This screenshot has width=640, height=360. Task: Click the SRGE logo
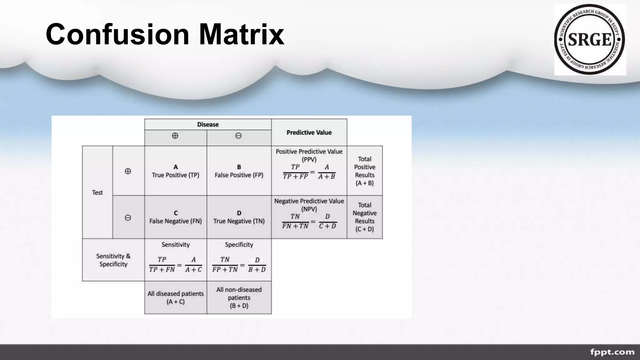point(590,40)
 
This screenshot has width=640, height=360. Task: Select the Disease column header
point(208,124)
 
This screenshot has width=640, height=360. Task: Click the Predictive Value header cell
point(309,132)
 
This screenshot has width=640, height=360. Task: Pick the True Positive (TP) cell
point(176,171)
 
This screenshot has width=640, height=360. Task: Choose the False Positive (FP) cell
point(239,171)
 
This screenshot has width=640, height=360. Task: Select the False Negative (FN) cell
point(176,217)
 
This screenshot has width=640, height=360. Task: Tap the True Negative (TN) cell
point(239,217)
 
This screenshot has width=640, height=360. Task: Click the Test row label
point(97,192)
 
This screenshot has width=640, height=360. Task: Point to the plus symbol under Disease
point(175,136)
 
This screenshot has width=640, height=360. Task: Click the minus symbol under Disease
point(238,136)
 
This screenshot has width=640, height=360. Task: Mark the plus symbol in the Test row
point(128,171)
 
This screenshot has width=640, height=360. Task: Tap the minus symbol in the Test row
point(128,217)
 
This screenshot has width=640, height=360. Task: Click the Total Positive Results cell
point(365,171)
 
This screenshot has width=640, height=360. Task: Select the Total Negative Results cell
point(365,217)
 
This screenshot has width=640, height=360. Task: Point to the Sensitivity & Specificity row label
point(113,260)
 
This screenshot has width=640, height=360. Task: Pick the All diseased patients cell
point(176,297)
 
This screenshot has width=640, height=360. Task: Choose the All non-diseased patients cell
point(239,297)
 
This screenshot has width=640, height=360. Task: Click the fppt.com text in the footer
point(612,352)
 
